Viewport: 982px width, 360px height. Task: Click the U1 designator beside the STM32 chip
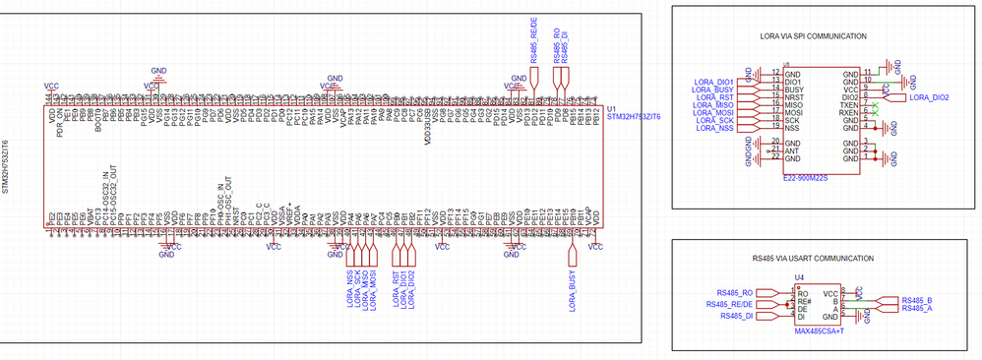pyautogui.click(x=612, y=108)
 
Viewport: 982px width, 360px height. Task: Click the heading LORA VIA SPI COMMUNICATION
pyautogui.click(x=813, y=36)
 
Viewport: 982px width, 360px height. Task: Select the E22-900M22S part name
pyautogui.click(x=804, y=179)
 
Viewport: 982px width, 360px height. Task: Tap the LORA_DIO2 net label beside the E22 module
pyautogui.click(x=929, y=97)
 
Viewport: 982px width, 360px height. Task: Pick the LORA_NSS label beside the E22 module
pyautogui.click(x=715, y=129)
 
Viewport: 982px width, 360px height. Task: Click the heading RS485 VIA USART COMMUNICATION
pyautogui.click(x=812, y=258)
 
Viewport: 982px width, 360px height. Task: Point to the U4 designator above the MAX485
pyautogui.click(x=799, y=278)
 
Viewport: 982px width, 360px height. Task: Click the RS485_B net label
pyautogui.click(x=917, y=300)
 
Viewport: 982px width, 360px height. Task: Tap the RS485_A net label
pyautogui.click(x=917, y=309)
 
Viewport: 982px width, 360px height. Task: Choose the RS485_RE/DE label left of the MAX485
pyautogui.click(x=730, y=304)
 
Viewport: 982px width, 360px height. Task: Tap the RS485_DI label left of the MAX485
pyautogui.click(x=736, y=317)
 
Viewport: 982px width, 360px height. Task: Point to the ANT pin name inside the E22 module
pyautogui.click(x=791, y=150)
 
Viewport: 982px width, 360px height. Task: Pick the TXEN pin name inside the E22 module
pyautogui.click(x=848, y=104)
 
